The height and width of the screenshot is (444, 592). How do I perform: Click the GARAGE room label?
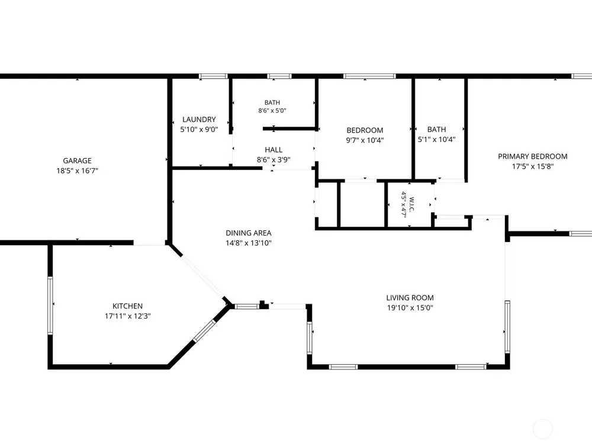pyautogui.click(x=77, y=160)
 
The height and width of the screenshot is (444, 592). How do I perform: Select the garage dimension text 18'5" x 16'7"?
pyautogui.click(x=77, y=170)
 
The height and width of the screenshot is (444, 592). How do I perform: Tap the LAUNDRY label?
pyautogui.click(x=199, y=120)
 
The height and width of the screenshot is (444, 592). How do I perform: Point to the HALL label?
pyautogui.click(x=274, y=150)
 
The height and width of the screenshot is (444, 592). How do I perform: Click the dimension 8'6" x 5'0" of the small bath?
pyautogui.click(x=272, y=111)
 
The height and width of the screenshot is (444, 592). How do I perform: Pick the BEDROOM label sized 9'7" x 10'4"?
pyautogui.click(x=365, y=130)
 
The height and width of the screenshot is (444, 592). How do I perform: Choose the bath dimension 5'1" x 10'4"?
pyautogui.click(x=436, y=139)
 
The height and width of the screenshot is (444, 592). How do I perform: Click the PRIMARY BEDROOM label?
pyautogui.click(x=532, y=156)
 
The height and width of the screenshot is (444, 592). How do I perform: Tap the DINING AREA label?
pyautogui.click(x=249, y=233)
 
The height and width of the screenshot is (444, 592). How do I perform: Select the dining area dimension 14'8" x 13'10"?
pyautogui.click(x=249, y=243)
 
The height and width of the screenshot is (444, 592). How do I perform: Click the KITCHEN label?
pyautogui.click(x=128, y=306)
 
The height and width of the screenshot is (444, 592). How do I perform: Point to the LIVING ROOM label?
pyautogui.click(x=410, y=298)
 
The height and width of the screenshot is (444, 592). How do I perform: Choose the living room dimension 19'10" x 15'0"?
pyautogui.click(x=410, y=308)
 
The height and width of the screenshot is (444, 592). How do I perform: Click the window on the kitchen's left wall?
pyautogui.click(x=50, y=305)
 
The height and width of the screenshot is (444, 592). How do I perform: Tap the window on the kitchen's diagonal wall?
pyautogui.click(x=204, y=331)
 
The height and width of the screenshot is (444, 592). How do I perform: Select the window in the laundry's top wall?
pyautogui.click(x=213, y=76)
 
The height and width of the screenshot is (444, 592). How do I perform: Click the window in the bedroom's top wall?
pyautogui.click(x=369, y=76)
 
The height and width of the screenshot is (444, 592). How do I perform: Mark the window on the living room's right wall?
pyautogui.click(x=507, y=327)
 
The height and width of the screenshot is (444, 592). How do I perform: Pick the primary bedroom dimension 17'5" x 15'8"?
pyautogui.click(x=532, y=166)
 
